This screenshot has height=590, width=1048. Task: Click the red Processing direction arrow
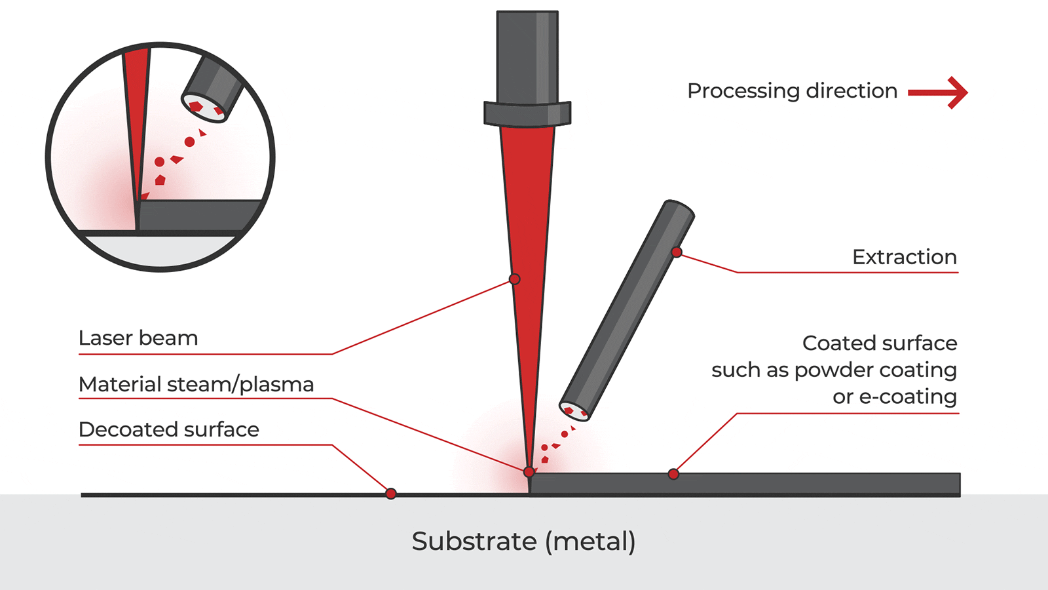[x=938, y=92]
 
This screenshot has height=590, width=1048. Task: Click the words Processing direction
[x=792, y=91]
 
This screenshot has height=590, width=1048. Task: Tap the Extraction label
[x=904, y=257]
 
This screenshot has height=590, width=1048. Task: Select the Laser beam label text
[x=138, y=338]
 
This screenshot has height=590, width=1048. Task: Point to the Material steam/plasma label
[x=196, y=384]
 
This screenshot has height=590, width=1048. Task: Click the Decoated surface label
[x=169, y=429]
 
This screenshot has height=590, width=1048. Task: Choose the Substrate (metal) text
[x=523, y=541]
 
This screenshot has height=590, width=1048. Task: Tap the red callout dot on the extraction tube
[x=677, y=252]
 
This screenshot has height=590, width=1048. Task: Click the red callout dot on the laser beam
[x=515, y=279]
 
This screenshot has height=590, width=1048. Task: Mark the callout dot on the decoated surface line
[x=391, y=494]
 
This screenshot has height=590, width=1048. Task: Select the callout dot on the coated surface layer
[x=673, y=474]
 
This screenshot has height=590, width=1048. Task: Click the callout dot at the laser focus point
[x=529, y=472]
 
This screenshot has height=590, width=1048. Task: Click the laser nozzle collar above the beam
[x=527, y=113]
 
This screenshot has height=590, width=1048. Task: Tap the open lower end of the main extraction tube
[x=575, y=411]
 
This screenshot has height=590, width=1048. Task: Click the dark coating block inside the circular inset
[x=196, y=215]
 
